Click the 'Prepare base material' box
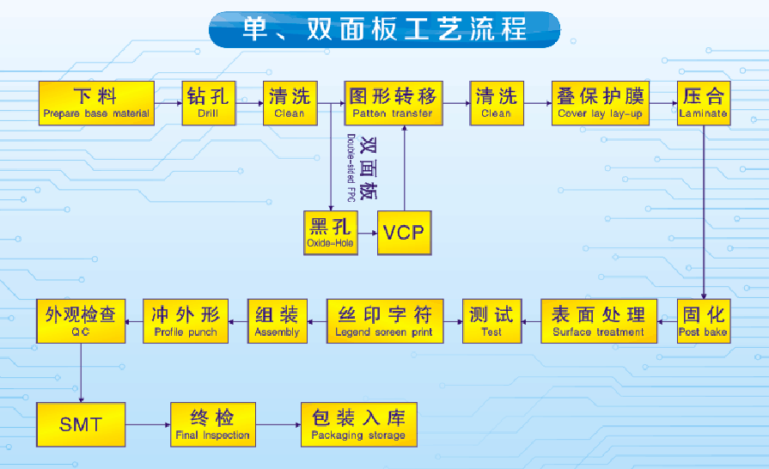(96, 103)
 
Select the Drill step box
(208, 103)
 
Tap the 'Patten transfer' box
(393, 103)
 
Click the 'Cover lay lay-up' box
(601, 103)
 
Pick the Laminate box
(703, 103)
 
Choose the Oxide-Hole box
(331, 233)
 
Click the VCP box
(404, 233)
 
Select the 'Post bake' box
(703, 321)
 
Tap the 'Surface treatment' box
(598, 321)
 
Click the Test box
(491, 321)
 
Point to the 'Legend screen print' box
(384, 321)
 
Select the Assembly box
(277, 321)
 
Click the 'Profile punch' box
(186, 321)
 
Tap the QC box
(80, 321)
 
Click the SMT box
(81, 424)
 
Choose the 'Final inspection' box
(213, 424)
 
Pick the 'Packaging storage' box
(358, 424)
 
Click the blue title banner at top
(384, 29)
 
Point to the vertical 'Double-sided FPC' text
(351, 167)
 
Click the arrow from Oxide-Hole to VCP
(367, 233)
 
